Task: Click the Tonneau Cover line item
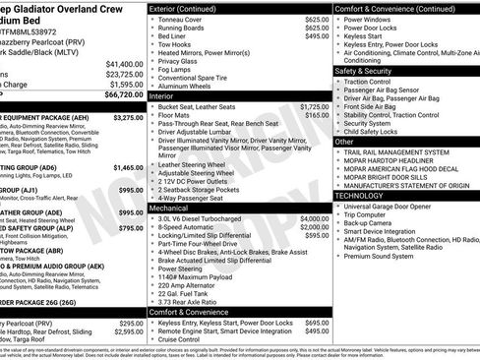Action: click(185, 19)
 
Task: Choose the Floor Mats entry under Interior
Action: click(179, 115)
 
